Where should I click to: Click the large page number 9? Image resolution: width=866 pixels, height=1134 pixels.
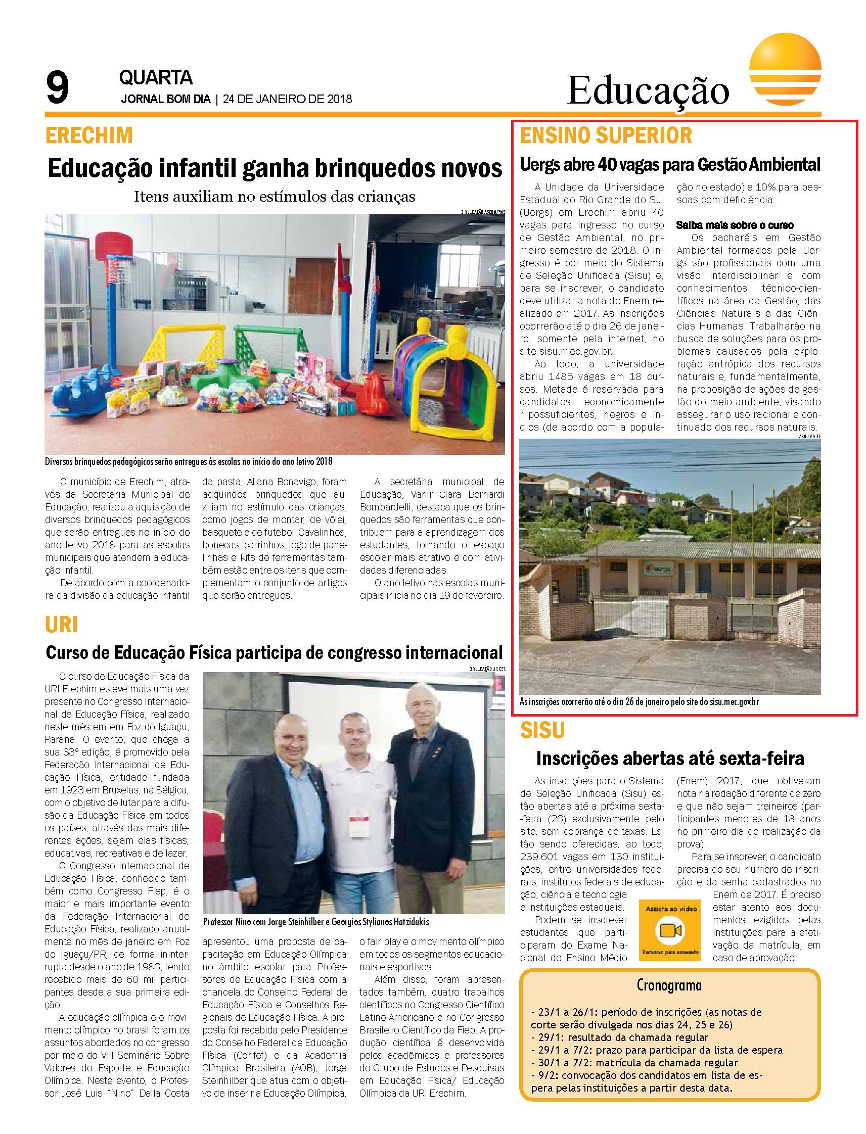pyautogui.click(x=57, y=87)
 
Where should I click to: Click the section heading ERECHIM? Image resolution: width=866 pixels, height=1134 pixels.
pyautogui.click(x=89, y=135)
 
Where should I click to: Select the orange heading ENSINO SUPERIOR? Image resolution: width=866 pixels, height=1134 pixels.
pyautogui.click(x=606, y=135)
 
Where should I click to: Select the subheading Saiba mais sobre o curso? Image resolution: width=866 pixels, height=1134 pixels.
pyautogui.click(x=735, y=225)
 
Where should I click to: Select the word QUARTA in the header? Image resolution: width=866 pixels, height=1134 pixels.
pyautogui.click(x=156, y=78)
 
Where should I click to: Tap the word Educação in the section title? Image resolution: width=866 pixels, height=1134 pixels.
pyautogui.click(x=649, y=90)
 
